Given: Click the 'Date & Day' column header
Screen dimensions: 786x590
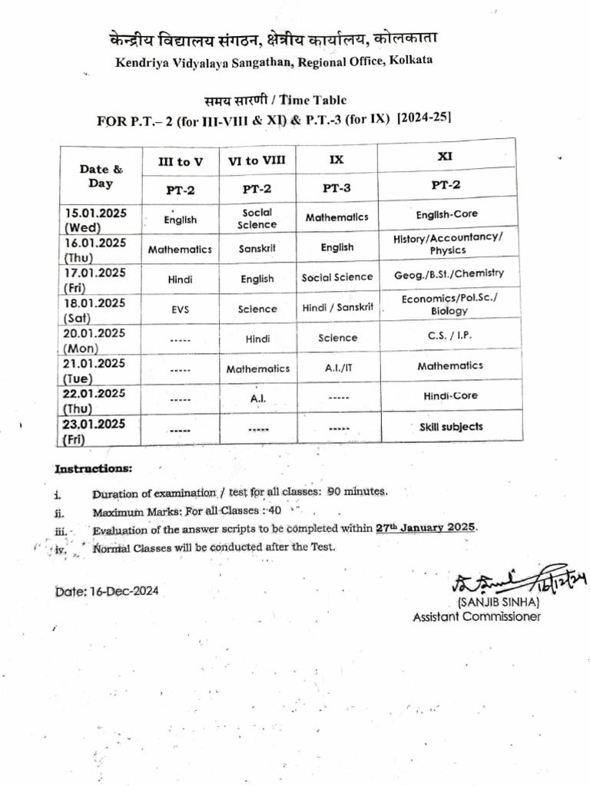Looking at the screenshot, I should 101,176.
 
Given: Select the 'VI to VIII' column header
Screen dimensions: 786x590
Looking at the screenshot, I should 257,160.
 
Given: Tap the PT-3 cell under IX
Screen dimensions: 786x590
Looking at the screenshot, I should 337,187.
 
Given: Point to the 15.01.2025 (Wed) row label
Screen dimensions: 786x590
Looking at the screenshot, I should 96,220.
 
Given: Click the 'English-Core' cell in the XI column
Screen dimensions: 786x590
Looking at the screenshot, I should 446,215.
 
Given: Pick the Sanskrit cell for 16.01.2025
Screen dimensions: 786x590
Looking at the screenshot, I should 257,249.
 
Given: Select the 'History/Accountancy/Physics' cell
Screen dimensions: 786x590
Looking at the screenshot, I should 448,244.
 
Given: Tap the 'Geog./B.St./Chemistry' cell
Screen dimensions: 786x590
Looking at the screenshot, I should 449,274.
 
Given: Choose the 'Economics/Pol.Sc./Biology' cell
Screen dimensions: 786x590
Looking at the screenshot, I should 449,305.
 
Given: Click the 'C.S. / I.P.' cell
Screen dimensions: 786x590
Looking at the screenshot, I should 448,335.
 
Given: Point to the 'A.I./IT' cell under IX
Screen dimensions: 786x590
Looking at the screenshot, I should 337,368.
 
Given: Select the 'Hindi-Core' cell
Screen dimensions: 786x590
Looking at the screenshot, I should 450,396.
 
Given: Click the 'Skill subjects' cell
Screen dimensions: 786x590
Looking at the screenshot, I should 451,427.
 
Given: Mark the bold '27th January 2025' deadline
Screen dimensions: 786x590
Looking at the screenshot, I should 426,528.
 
